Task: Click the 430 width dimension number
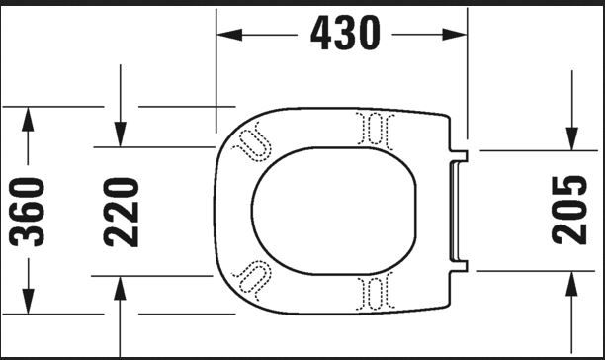point(345,33)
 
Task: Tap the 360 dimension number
point(27,212)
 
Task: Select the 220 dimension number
point(121,213)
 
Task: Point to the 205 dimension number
point(569,211)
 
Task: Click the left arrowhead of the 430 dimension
point(229,35)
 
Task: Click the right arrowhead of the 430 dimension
point(454,35)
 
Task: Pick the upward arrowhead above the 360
point(28,120)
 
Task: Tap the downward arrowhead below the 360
point(28,301)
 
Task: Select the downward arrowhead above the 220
point(121,135)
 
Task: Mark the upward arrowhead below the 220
point(120,289)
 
